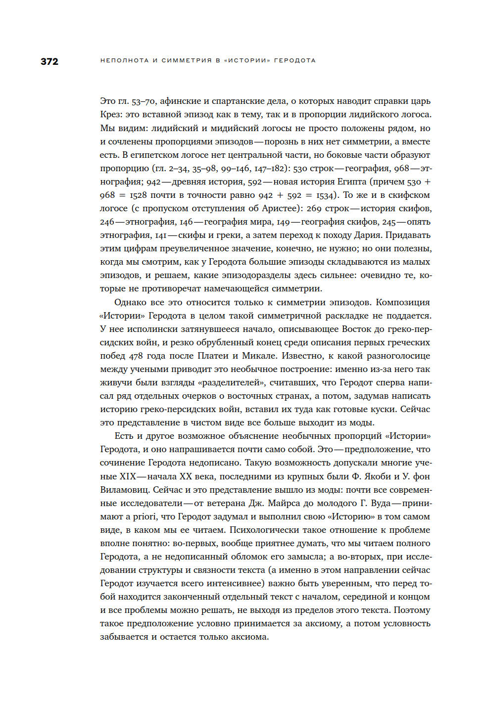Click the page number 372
49,61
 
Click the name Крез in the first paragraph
110,114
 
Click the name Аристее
281,208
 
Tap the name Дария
368,235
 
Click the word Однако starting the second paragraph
130,302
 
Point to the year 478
136,356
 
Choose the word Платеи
213,356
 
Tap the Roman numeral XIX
127,476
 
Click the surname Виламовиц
124,490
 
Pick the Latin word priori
145,516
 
